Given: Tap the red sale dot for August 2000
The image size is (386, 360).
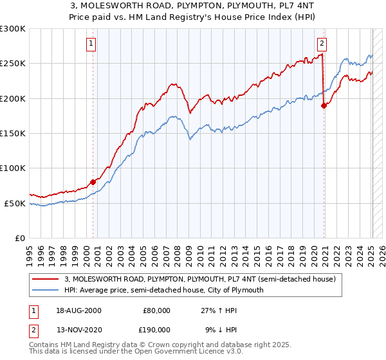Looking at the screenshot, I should point(93,182).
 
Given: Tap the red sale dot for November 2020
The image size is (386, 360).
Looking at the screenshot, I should point(324,106).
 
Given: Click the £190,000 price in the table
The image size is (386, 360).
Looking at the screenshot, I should point(156,328).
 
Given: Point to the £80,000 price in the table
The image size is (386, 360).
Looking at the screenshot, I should point(156,310).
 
